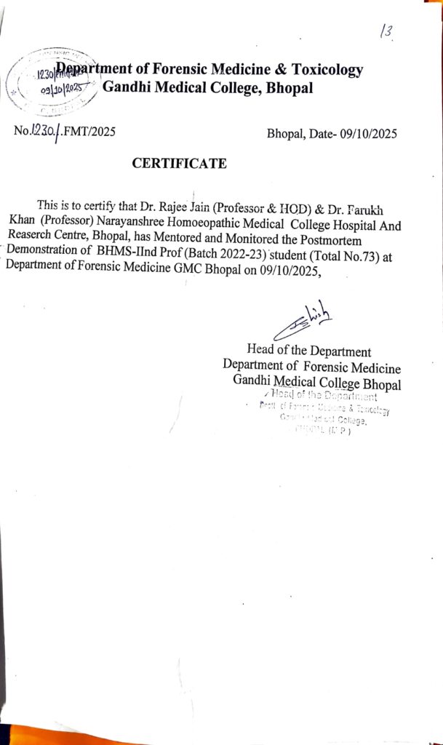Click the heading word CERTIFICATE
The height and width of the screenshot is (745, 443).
click(179, 164)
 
